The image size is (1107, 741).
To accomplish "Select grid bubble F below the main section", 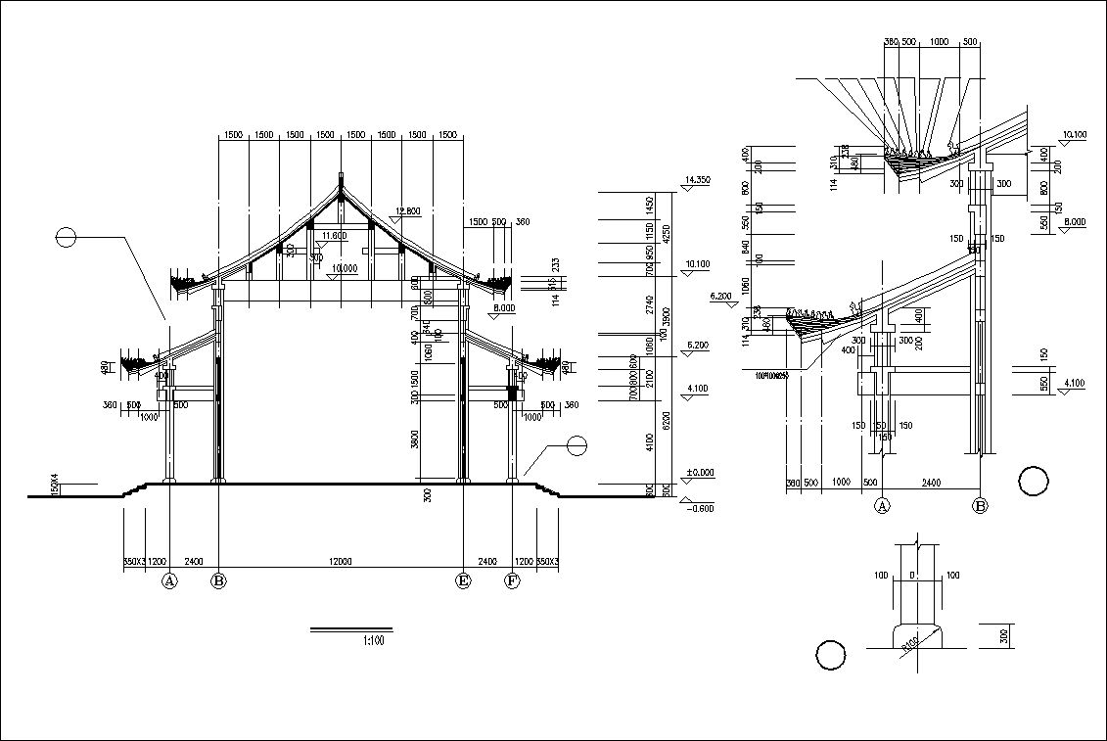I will pyautogui.click(x=511, y=581).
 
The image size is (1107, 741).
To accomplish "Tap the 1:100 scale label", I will pyautogui.click(x=372, y=641).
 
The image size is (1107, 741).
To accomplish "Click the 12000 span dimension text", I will pyautogui.click(x=340, y=561).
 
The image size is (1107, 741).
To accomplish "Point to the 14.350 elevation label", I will pyautogui.click(x=698, y=180).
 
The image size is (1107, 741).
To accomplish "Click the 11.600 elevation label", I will pyautogui.click(x=334, y=236).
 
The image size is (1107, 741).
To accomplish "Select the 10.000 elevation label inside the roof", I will pyautogui.click(x=345, y=267).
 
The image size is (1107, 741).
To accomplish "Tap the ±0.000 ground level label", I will pyautogui.click(x=701, y=473).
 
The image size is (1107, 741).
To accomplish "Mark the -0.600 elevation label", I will pyautogui.click(x=701, y=508).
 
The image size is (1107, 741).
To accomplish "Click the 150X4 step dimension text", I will pyautogui.click(x=56, y=484).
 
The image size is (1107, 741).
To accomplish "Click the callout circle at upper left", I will pyautogui.click(x=66, y=237).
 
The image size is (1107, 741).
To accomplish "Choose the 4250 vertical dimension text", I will pyautogui.click(x=666, y=234).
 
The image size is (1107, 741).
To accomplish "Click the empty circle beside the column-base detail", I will pyautogui.click(x=831, y=656).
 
